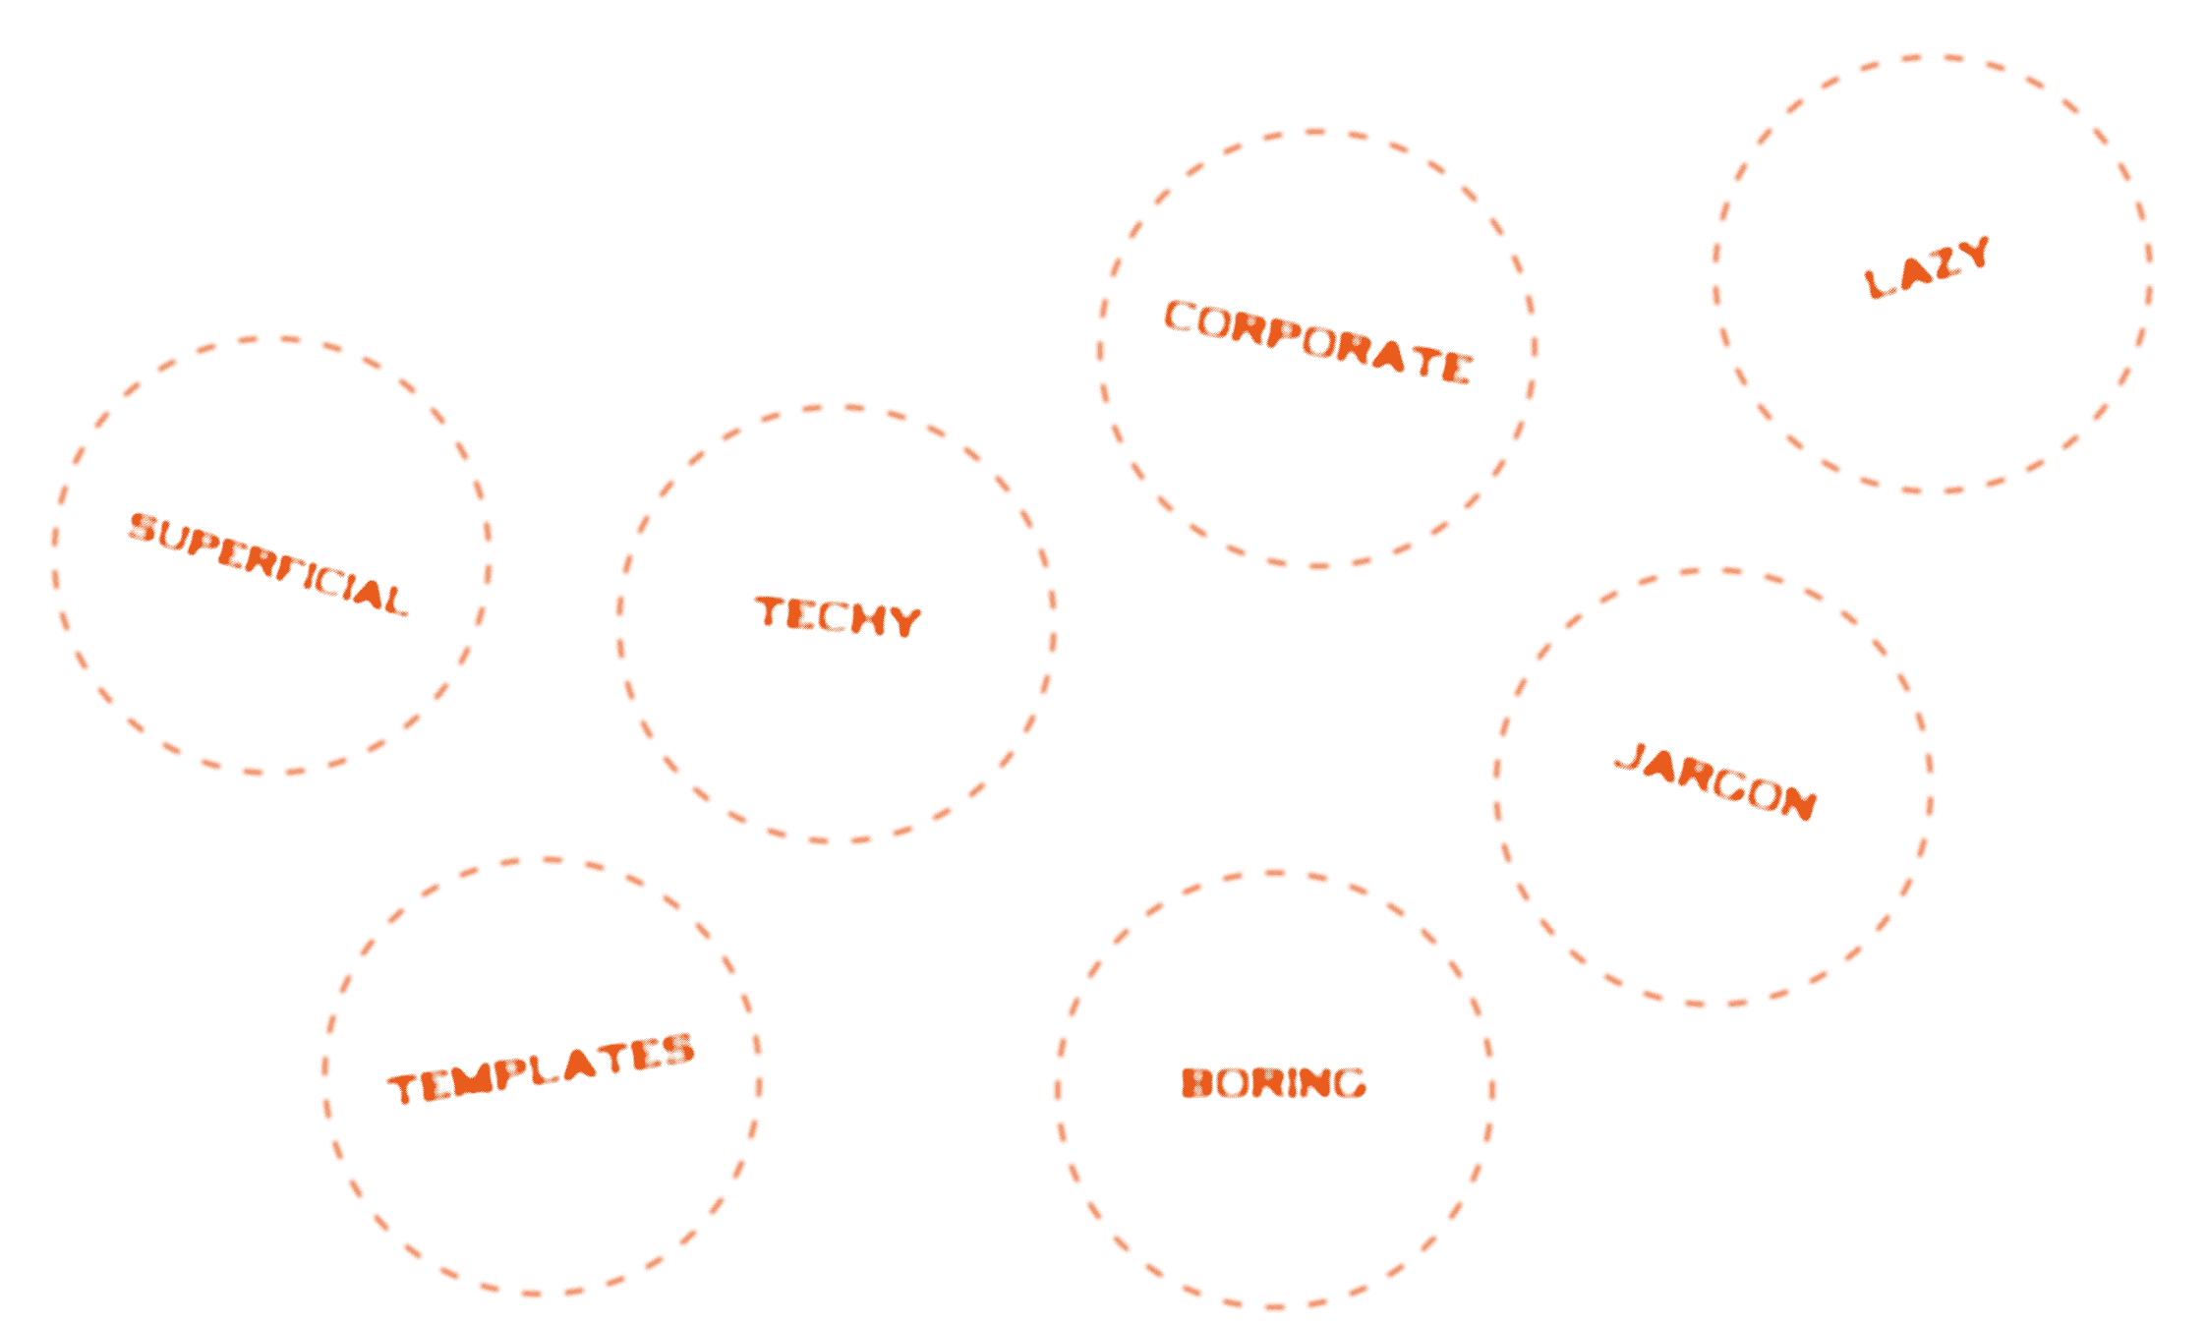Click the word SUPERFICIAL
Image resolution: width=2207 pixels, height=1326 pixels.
(267, 563)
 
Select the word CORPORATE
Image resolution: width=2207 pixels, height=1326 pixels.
(1317, 341)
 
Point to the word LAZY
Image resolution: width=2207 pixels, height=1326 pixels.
(1927, 267)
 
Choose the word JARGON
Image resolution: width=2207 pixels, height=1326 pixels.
(1715, 782)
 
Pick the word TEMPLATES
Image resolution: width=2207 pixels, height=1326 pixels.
(541, 1068)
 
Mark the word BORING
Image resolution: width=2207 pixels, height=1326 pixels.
(1273, 1082)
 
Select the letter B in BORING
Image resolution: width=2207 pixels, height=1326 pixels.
(1197, 1082)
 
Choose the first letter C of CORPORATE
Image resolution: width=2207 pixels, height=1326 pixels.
(1180, 317)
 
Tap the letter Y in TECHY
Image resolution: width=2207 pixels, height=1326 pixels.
(905, 621)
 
